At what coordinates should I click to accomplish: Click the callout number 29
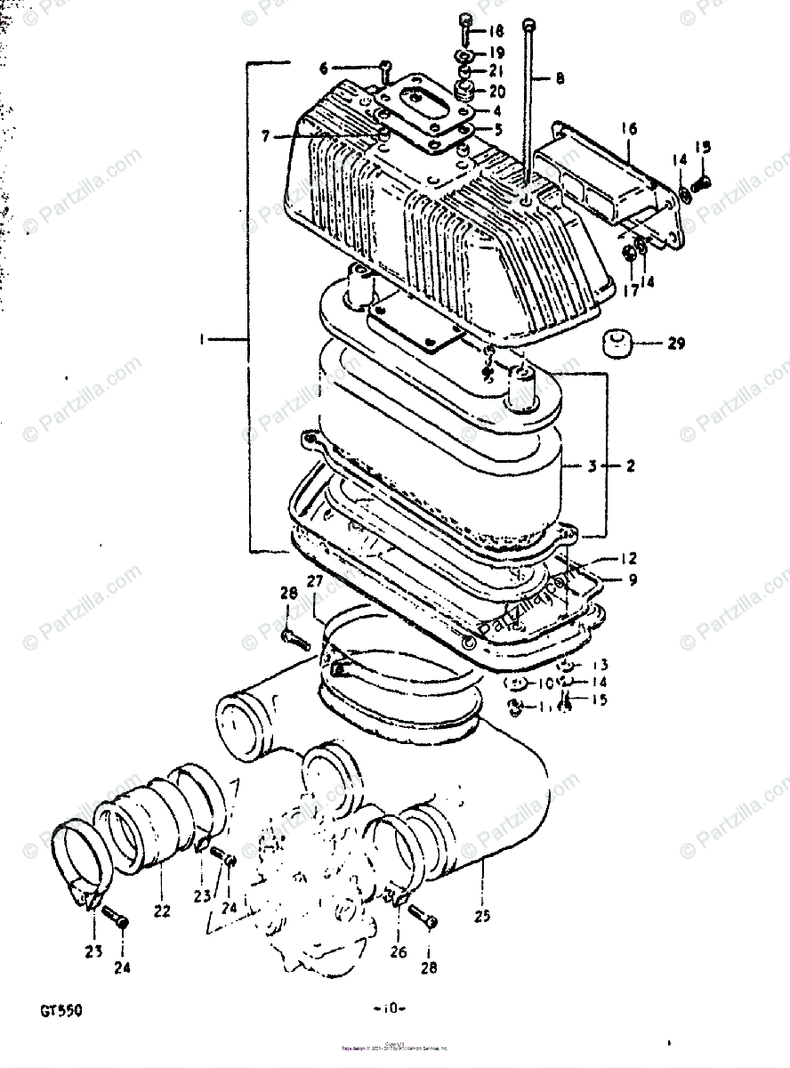pyautogui.click(x=676, y=344)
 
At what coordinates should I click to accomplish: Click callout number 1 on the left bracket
pyautogui.click(x=204, y=338)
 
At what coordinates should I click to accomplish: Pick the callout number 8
pyautogui.click(x=560, y=78)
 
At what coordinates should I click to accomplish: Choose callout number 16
pyautogui.click(x=630, y=129)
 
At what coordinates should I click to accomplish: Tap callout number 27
pyautogui.click(x=315, y=582)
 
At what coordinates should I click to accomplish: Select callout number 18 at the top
pyautogui.click(x=496, y=30)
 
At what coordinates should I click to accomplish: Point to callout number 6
pyautogui.click(x=323, y=68)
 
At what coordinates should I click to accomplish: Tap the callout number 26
pyautogui.click(x=397, y=951)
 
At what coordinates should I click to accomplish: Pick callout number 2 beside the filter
pyautogui.click(x=630, y=465)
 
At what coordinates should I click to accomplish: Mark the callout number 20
pyautogui.click(x=496, y=91)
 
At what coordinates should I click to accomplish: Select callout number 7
pyautogui.click(x=264, y=136)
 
